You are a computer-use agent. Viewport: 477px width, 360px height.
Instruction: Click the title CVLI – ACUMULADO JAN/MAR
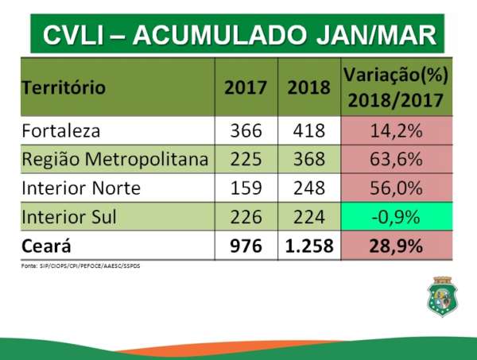click(238, 34)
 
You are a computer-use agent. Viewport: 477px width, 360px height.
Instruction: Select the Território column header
click(64, 87)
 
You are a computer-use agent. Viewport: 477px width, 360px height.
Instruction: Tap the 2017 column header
click(246, 87)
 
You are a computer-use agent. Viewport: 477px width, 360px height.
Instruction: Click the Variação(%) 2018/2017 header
click(397, 87)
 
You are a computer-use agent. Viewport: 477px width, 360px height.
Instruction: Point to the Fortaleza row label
click(61, 130)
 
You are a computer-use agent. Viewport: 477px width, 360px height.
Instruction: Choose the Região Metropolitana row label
click(116, 159)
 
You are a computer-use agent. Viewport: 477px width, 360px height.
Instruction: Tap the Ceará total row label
click(49, 246)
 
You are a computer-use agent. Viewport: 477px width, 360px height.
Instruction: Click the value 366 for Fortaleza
click(246, 130)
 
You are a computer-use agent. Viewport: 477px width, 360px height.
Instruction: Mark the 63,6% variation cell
click(397, 159)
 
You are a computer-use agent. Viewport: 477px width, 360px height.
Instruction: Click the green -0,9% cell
click(397, 217)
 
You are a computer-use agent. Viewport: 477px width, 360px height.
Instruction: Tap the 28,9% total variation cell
click(397, 246)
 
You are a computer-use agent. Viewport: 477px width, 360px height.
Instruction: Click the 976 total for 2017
click(246, 246)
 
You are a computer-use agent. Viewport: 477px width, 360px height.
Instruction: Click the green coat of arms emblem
click(444, 296)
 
